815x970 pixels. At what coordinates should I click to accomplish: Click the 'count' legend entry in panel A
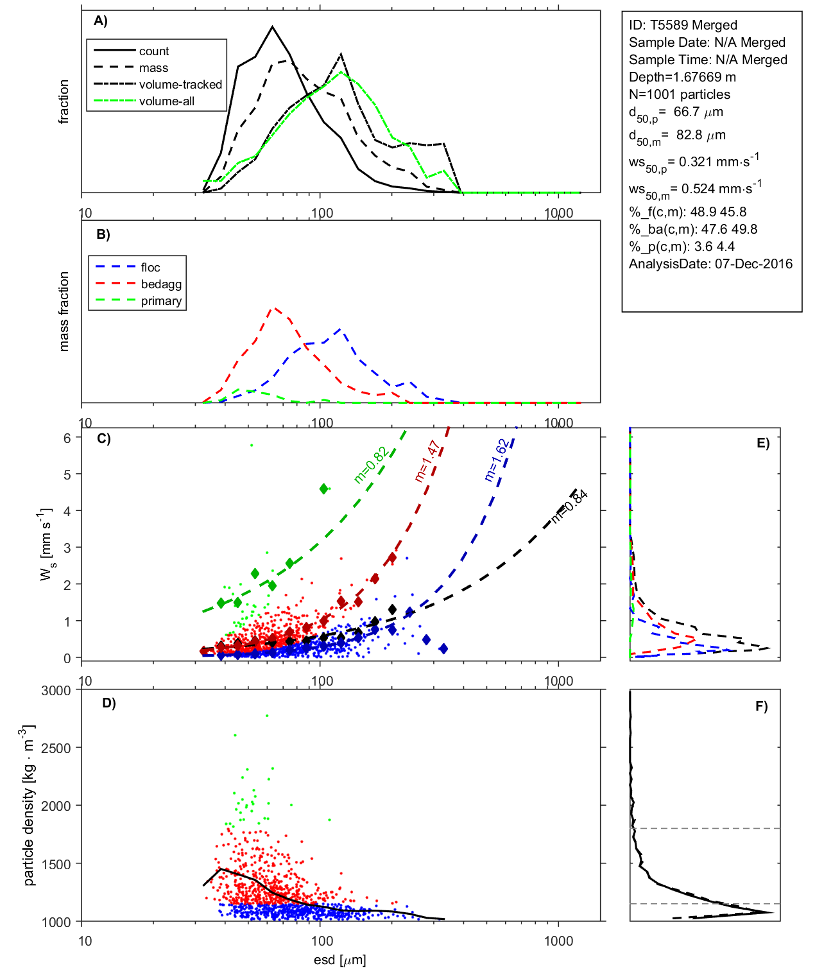pos(153,51)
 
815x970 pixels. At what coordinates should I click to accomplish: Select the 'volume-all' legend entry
pos(166,101)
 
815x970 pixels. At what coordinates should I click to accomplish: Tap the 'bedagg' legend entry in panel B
pos(161,284)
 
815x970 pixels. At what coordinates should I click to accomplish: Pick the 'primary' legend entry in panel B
pos(161,301)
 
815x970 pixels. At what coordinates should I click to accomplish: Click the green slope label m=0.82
pos(370,465)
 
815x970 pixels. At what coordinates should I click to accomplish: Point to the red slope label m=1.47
pos(427,461)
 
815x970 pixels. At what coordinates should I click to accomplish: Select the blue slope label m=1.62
pos(496,460)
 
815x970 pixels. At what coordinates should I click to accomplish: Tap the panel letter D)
pos(109,703)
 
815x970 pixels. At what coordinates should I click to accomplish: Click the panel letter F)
pos(762,706)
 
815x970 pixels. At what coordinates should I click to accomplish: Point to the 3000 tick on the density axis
pos(56,691)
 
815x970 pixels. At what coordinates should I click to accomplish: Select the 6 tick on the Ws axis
pos(67,438)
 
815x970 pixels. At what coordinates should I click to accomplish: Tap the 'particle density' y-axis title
pos(29,806)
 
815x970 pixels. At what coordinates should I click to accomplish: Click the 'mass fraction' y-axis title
pos(64,311)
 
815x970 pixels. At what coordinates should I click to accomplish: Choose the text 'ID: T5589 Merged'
pos(683,25)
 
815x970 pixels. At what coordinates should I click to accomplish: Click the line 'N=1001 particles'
pos(679,94)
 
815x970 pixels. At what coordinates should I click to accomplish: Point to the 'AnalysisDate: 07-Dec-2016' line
pos(710,264)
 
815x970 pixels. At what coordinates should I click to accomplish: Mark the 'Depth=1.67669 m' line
pos(682,77)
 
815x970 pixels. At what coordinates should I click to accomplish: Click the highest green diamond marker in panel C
pos(324,489)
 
